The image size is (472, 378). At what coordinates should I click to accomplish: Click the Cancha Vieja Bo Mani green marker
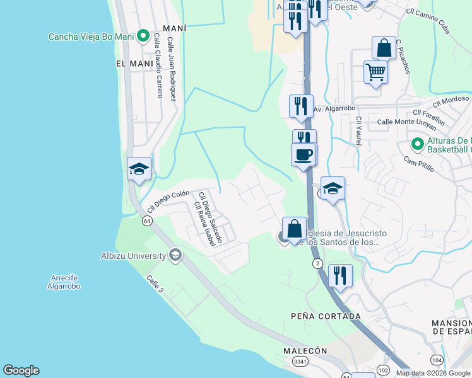pos(143,36)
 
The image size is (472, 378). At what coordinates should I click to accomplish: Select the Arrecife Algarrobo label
pos(64,282)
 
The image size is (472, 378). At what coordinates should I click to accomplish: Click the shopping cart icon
pos(375,72)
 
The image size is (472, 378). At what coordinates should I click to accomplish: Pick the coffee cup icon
pos(304,154)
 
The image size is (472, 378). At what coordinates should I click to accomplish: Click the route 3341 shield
pos(300,361)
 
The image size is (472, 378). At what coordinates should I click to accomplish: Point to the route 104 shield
pos(437,358)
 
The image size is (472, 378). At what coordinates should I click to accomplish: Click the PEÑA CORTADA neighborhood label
pos(326,316)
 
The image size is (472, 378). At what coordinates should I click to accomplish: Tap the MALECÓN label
pos(305,350)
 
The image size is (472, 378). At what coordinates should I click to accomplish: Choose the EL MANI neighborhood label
pos(134,64)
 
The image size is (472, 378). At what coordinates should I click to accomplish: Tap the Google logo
pos(21,370)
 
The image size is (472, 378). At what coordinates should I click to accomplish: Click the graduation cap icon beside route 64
pos(139,168)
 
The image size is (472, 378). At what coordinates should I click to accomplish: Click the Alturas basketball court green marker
pos(416,144)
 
